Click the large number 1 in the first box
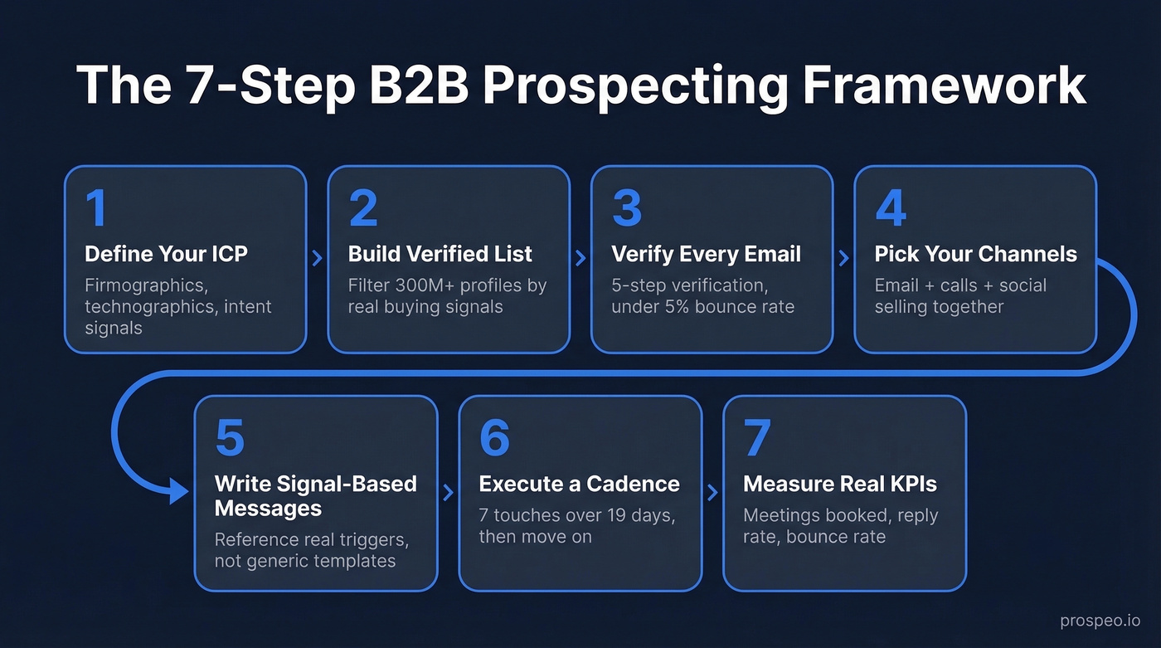[x=97, y=208]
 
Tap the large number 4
[x=891, y=208]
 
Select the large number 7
[x=757, y=438]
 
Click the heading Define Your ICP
[x=166, y=254]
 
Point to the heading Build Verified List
[x=440, y=254]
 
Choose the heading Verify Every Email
[x=706, y=254]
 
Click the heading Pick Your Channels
[x=975, y=254]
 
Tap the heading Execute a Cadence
[x=579, y=484]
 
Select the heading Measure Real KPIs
[x=840, y=484]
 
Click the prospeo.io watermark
[x=1100, y=621]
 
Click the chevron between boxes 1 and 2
[x=317, y=259]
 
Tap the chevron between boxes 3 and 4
[x=843, y=259]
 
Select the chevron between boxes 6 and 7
[x=712, y=493]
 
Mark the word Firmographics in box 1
[x=144, y=285]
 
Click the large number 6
[x=494, y=438]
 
